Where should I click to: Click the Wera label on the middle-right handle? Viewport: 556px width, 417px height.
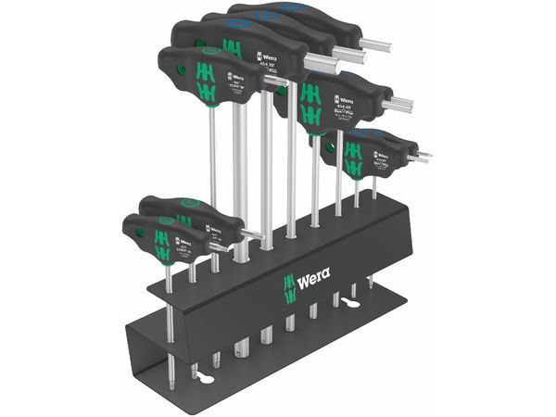(x=344, y=90)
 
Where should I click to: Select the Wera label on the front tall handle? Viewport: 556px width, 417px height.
(x=234, y=76)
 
